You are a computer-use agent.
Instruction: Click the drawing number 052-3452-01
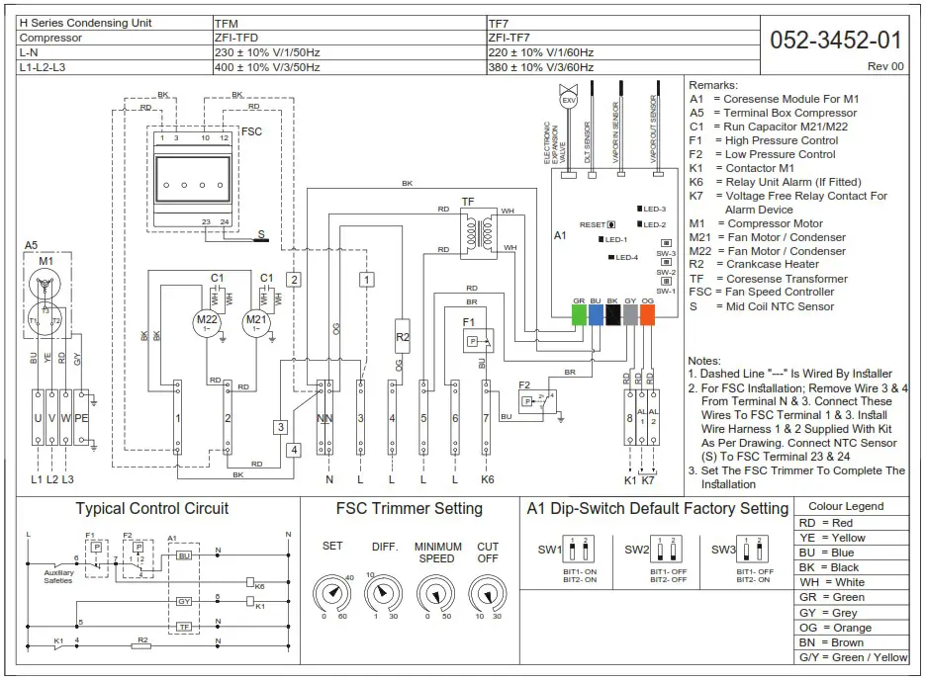pyautogui.click(x=835, y=40)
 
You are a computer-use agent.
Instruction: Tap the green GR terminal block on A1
pyautogui.click(x=579, y=314)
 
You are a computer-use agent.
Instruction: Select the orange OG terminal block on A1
pyautogui.click(x=647, y=314)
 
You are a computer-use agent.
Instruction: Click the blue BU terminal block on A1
pyautogui.click(x=596, y=314)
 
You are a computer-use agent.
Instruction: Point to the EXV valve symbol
pyautogui.click(x=568, y=101)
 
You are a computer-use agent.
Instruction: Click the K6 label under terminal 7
pyautogui.click(x=487, y=479)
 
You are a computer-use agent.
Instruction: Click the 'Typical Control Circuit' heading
pyautogui.click(x=152, y=509)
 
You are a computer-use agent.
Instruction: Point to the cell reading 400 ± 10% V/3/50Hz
pyautogui.click(x=268, y=67)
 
